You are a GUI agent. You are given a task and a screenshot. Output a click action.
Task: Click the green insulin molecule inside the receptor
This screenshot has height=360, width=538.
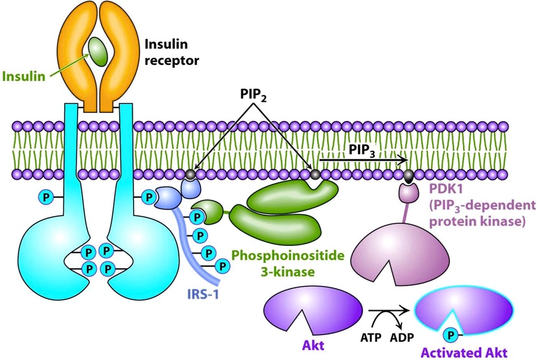tap(99, 51)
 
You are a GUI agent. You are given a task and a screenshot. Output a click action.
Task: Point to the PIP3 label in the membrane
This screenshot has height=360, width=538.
tap(362, 150)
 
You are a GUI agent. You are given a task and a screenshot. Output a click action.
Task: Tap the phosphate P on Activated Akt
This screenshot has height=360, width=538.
tap(451, 334)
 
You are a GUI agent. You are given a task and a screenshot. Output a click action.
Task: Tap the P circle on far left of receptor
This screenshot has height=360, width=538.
tap(46, 197)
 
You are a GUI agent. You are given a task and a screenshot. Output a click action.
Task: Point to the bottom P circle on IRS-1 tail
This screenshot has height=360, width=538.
tap(222, 267)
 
